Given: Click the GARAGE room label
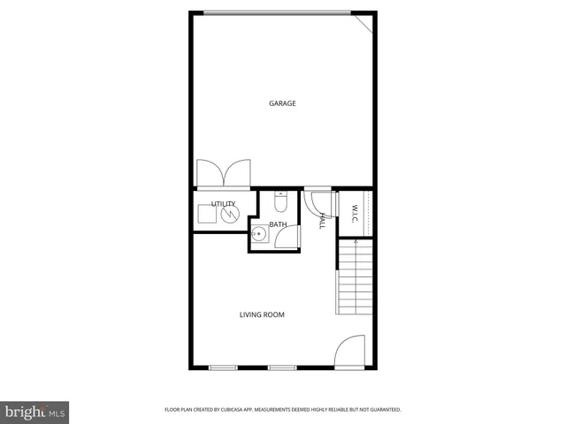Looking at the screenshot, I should point(282,103).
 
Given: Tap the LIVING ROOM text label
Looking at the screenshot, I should point(262,314).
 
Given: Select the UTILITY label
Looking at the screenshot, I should point(223,204).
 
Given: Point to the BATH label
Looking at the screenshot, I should point(278,224).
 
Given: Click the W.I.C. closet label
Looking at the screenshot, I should point(355,214).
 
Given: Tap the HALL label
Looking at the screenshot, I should point(324,222).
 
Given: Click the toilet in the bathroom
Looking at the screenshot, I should point(280,204).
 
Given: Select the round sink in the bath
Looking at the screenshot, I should point(258,235).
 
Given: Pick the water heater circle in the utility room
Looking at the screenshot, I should point(230,215).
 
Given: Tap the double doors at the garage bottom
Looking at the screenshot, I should point(223,173).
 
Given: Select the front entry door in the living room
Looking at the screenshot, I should point(350,352).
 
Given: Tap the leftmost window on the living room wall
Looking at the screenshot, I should point(223,367).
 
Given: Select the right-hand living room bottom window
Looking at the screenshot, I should point(281,367).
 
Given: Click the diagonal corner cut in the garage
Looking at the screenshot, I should point(365,21).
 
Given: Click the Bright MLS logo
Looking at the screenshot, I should point(35,412).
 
